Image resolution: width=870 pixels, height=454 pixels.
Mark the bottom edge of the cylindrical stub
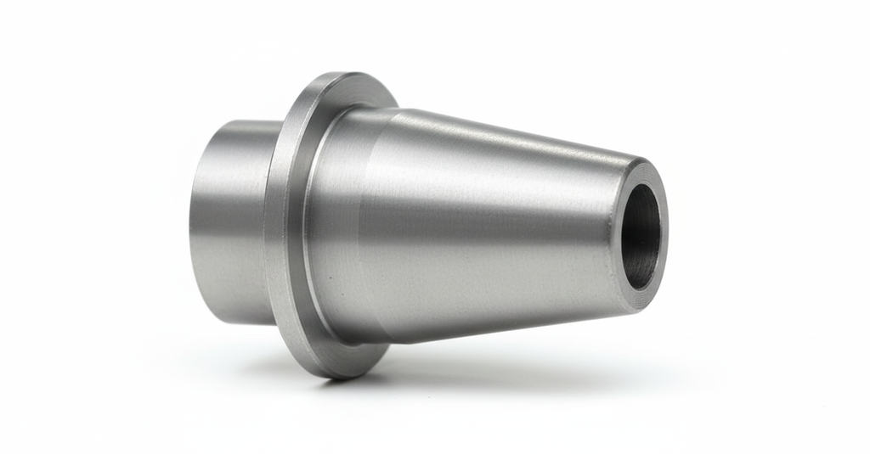coord(242,323)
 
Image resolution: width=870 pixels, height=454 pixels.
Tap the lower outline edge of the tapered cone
coord(510,332)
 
